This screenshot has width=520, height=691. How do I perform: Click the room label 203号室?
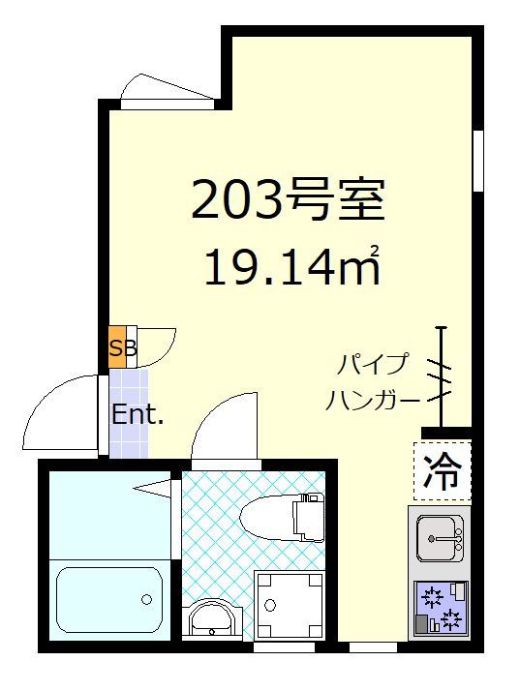(x=289, y=201)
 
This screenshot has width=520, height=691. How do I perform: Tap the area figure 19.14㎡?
(x=289, y=266)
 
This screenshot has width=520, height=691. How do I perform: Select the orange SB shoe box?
(x=117, y=348)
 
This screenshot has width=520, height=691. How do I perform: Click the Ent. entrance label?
(x=137, y=415)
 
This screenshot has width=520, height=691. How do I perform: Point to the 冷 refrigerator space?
(x=444, y=471)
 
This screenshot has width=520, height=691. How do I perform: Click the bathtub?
(x=109, y=597)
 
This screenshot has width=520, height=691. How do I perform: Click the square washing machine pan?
(x=289, y=604)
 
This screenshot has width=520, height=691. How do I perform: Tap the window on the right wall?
(x=477, y=161)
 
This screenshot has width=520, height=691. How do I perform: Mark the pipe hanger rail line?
(x=442, y=377)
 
